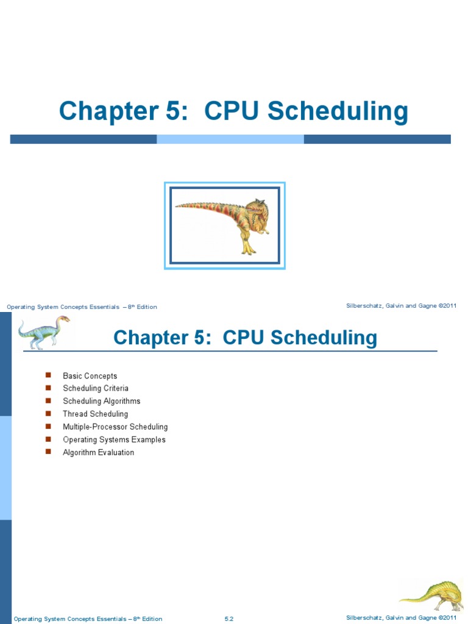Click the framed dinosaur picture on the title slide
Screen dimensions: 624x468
pos(224,225)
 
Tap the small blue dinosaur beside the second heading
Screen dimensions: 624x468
pos(43,332)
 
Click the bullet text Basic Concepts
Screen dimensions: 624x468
pos(90,376)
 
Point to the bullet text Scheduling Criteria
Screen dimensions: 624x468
pos(96,388)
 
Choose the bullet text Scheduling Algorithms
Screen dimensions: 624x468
pos(101,401)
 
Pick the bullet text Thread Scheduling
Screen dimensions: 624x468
pos(95,414)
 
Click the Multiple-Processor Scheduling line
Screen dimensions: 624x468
pos(115,427)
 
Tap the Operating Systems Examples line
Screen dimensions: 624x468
pos(114,439)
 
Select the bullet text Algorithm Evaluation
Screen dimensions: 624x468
pos(98,452)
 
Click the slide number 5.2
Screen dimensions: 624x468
pos(229,619)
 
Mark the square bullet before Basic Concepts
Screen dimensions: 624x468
pos(48,375)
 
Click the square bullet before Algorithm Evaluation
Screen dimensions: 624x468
pos(48,452)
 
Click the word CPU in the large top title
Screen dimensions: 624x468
pos(232,112)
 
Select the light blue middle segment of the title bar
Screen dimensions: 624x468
pos(230,139)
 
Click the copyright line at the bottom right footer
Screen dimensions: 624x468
pos(401,618)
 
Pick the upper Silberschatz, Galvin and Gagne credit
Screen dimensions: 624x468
pos(401,305)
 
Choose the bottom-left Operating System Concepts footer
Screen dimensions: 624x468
pos(88,619)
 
